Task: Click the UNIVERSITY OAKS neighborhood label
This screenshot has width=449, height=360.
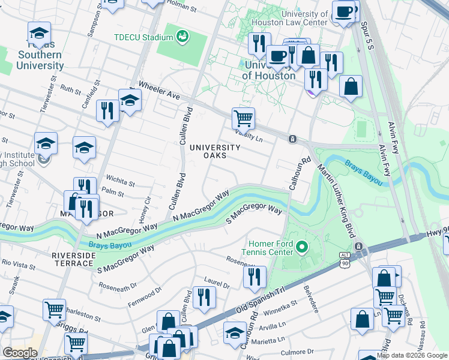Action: (215, 152)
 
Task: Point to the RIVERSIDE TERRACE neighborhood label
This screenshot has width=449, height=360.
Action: (74, 260)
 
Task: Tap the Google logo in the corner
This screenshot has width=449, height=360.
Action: (20, 353)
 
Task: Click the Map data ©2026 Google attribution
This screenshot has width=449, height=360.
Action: (412, 355)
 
